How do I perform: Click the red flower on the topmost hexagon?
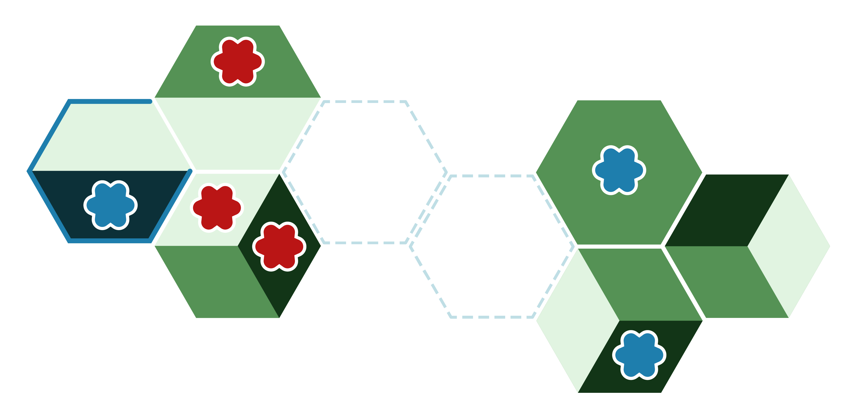pyautogui.click(x=238, y=61)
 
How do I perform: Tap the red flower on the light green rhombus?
pyautogui.click(x=217, y=207)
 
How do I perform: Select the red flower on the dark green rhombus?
pyautogui.click(x=279, y=246)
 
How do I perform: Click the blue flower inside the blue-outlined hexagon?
pyautogui.click(x=111, y=205)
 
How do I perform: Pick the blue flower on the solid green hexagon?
pyautogui.click(x=619, y=170)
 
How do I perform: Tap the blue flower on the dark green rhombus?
pyautogui.click(x=639, y=355)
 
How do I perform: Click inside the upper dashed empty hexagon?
pyautogui.click(x=365, y=172)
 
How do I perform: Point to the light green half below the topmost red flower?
pyautogui.click(x=238, y=134)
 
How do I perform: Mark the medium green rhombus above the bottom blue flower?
pyautogui.click(x=640, y=284)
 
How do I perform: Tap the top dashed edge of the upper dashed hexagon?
pyautogui.click(x=365, y=102)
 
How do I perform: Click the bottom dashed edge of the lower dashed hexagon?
pyautogui.click(x=492, y=317)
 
